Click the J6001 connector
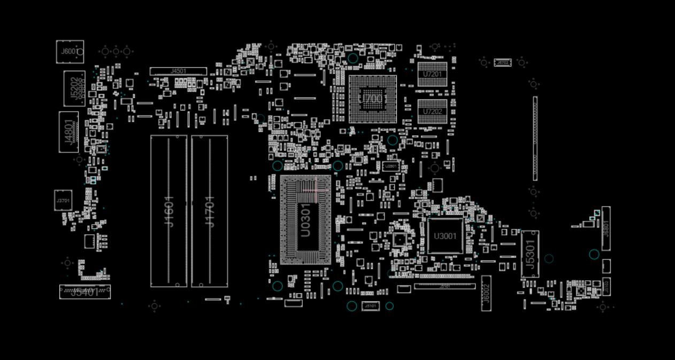(70, 52)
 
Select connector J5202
(74, 88)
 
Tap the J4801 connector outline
(68, 132)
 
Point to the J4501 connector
(178, 71)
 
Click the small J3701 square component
(63, 200)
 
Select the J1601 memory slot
(168, 211)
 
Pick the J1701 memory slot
(209, 211)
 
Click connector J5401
(85, 292)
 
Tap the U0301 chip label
(305, 220)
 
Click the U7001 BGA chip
(373, 99)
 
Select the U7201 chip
(432, 74)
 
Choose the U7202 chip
(432, 111)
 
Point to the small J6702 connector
(502, 63)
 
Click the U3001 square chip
(445, 236)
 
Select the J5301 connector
(530, 254)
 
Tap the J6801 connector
(605, 228)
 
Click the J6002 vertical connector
(486, 293)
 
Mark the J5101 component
(370, 306)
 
